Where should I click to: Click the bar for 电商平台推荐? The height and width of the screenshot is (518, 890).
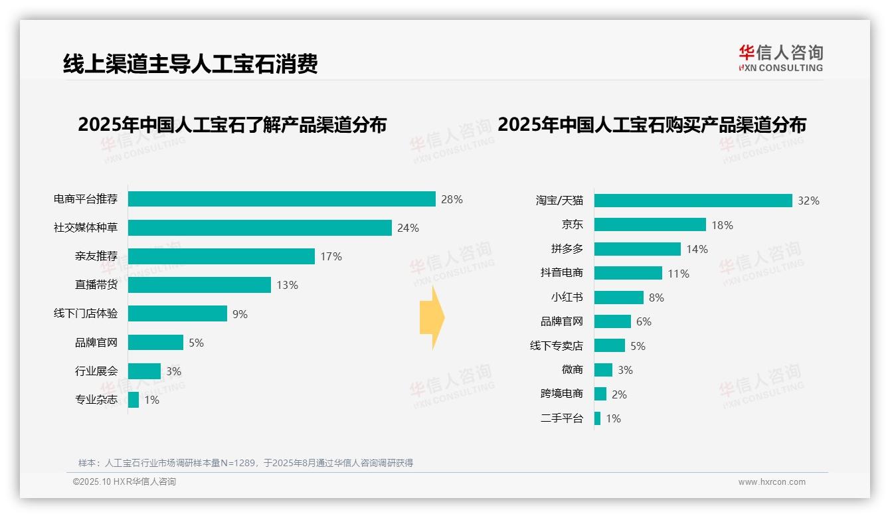(x=282, y=199)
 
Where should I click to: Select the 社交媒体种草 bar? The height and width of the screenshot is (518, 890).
(x=260, y=228)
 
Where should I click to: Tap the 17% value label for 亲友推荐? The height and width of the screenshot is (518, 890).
(x=331, y=256)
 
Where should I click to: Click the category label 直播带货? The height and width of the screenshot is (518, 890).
(x=96, y=285)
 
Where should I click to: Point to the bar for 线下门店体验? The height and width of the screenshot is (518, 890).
(x=177, y=313)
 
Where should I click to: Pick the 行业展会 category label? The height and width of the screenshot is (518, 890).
(x=96, y=371)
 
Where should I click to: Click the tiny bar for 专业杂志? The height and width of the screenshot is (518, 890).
(x=133, y=400)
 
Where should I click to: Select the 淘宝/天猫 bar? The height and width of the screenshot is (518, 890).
(x=693, y=201)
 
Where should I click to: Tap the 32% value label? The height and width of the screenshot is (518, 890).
(x=808, y=201)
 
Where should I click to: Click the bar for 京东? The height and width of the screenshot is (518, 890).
(x=650, y=225)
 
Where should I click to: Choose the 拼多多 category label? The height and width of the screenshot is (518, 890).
(x=567, y=249)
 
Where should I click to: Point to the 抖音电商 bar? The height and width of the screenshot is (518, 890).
(x=628, y=273)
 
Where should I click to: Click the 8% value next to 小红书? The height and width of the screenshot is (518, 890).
(x=656, y=298)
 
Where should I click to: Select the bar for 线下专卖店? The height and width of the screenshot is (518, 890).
(x=609, y=345)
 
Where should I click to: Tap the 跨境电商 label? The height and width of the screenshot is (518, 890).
(x=561, y=394)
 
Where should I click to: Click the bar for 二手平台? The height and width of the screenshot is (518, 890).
(x=597, y=418)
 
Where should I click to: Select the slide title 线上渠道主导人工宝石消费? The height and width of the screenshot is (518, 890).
(x=190, y=63)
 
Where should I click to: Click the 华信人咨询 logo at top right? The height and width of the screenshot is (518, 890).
(x=780, y=58)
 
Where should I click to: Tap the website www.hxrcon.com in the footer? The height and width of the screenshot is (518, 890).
(x=772, y=482)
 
